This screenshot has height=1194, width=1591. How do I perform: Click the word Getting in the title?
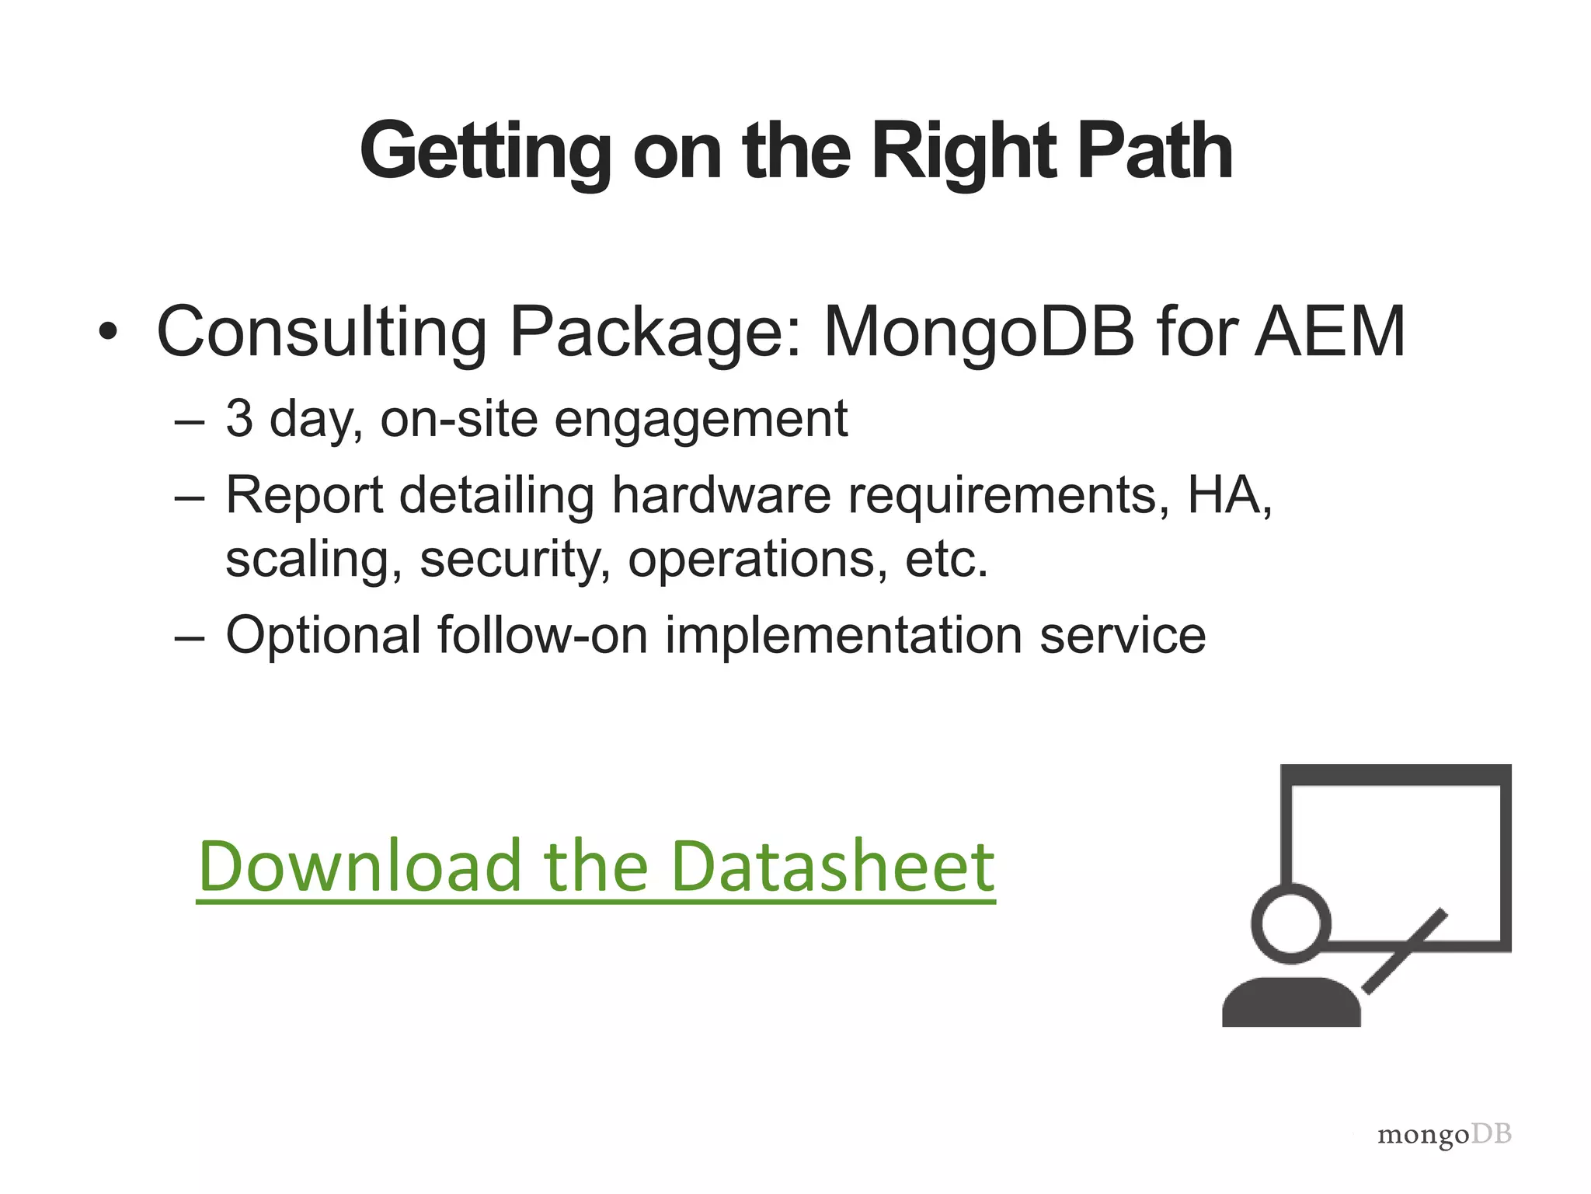(x=485, y=152)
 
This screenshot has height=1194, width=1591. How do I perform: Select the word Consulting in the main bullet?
(x=322, y=333)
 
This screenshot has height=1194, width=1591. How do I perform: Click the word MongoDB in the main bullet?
(x=979, y=333)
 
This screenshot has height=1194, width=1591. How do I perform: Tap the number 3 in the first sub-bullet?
(x=239, y=418)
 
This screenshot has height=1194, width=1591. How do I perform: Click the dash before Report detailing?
(x=190, y=496)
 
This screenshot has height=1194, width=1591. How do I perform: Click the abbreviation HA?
(x=1229, y=494)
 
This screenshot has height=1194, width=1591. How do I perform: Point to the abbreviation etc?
(x=946, y=559)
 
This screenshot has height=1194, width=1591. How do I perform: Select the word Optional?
(x=323, y=635)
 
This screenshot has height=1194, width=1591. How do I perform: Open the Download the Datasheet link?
(x=596, y=866)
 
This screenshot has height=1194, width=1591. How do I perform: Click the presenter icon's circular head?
(x=1291, y=924)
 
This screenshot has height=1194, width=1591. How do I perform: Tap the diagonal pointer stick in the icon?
(x=1406, y=950)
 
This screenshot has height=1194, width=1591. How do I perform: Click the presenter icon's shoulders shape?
(x=1291, y=1004)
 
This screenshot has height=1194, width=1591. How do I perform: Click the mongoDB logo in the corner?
(x=1443, y=1136)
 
